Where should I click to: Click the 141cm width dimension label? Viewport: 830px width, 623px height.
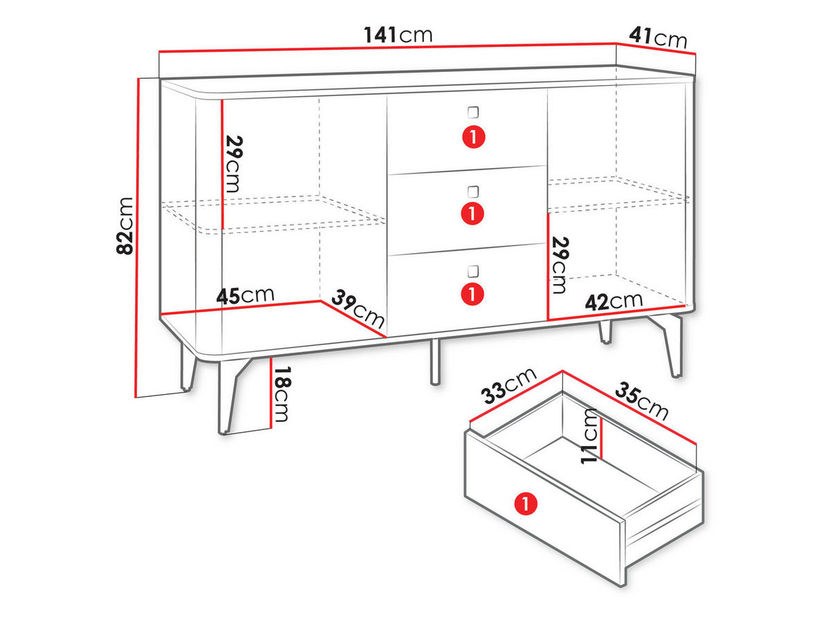tap(398, 35)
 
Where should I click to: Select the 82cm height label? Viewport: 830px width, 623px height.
tap(124, 225)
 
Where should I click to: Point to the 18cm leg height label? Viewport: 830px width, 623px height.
tap(282, 393)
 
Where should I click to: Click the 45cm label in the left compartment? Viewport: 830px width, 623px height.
tap(245, 295)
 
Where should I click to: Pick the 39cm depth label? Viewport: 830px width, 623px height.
tap(358, 308)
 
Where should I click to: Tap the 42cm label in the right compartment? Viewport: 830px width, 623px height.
tap(614, 301)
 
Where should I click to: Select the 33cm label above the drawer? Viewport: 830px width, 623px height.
tap(508, 385)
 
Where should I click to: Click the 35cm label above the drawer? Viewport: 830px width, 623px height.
tap(642, 401)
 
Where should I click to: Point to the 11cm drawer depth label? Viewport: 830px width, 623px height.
tap(589, 436)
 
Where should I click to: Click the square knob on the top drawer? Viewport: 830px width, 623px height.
tap(473, 112)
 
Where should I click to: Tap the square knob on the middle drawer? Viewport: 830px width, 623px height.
tap(473, 192)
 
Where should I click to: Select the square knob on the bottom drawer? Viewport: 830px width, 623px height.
tap(473, 271)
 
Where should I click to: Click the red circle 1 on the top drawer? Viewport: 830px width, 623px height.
tap(474, 137)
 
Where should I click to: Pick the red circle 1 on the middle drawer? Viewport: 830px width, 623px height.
tap(472, 213)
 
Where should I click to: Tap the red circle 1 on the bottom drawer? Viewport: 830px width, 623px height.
tap(472, 294)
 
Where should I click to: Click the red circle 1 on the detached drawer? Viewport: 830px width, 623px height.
tap(526, 503)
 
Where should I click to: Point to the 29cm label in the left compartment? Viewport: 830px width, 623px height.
tap(234, 164)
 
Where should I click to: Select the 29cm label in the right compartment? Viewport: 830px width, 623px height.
tap(560, 266)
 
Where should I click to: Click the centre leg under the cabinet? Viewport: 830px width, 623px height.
tap(435, 362)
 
